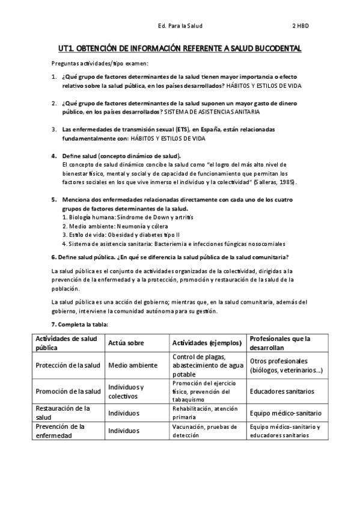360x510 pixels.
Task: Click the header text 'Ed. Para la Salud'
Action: click(180, 26)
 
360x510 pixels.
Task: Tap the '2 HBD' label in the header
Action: click(301, 26)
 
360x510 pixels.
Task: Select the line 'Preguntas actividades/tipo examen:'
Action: click(100, 64)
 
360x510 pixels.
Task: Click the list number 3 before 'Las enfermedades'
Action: click(54, 129)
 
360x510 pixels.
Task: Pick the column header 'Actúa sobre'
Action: click(126, 343)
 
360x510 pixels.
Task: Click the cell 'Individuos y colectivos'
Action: click(126, 391)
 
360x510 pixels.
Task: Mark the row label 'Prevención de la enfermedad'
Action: click(60, 431)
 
